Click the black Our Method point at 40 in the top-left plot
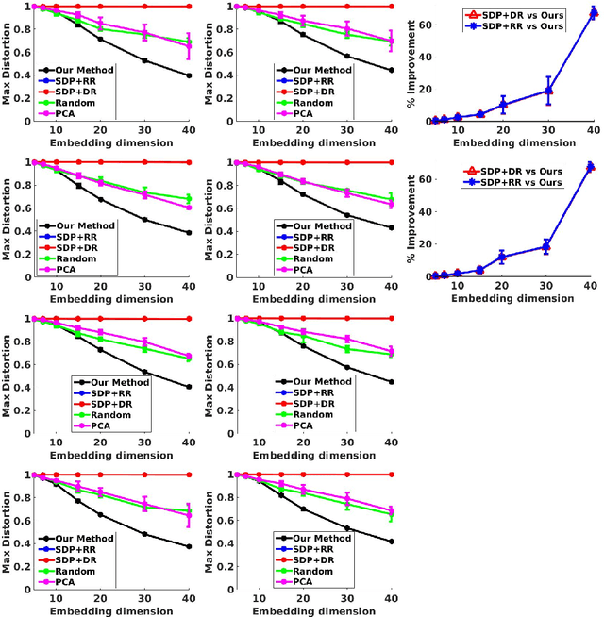point(188,75)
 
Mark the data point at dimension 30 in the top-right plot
point(548,91)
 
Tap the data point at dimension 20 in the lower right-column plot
point(503,257)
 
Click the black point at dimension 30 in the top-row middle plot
point(346,56)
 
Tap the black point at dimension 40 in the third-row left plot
point(188,386)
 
